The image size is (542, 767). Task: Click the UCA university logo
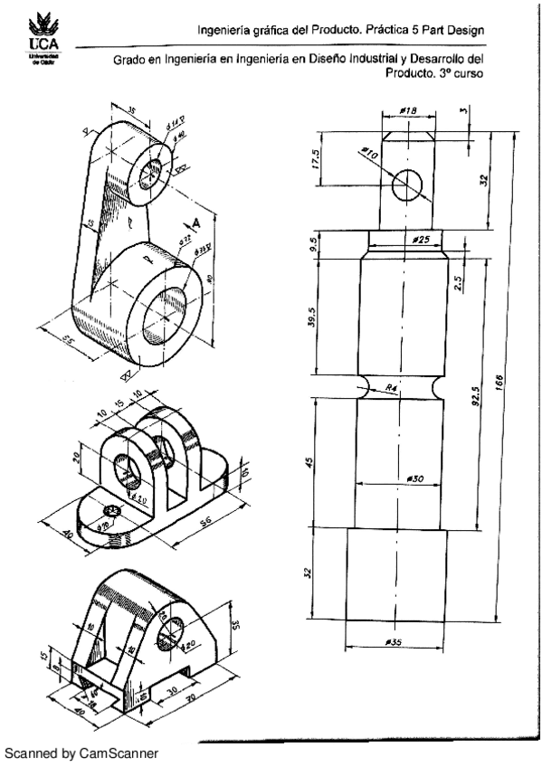42,36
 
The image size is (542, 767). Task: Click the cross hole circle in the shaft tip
407,185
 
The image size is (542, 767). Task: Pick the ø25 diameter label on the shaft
418,240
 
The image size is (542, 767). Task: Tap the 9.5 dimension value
312,243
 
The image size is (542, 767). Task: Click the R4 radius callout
391,388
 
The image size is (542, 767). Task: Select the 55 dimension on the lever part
69,342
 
